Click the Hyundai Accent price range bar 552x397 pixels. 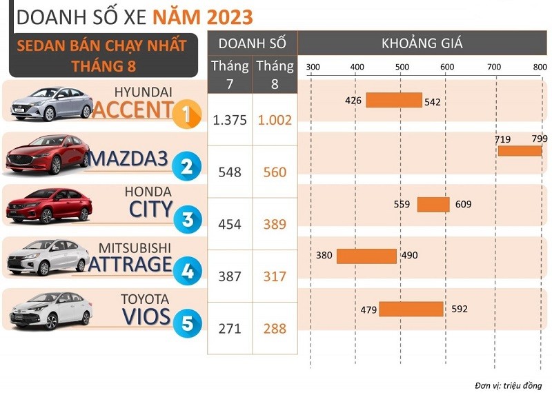pyautogui.click(x=393, y=100)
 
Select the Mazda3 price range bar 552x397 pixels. pyautogui.click(x=520, y=151)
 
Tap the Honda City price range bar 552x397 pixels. pyautogui.click(x=433, y=204)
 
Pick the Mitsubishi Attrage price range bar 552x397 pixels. pyautogui.click(x=366, y=256)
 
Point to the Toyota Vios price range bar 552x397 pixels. pyautogui.click(x=411, y=309)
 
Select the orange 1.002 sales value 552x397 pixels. pyautogui.click(x=275, y=119)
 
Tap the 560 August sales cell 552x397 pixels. pyautogui.click(x=275, y=172)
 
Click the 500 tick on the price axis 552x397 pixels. pyautogui.click(x=402, y=67)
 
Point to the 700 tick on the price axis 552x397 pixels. pyautogui.click(x=493, y=67)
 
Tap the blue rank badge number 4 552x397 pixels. pyautogui.click(x=186, y=270)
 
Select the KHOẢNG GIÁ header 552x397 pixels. pyautogui.click(x=422, y=43)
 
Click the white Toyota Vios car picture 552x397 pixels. pyautogui.click(x=50, y=309)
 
